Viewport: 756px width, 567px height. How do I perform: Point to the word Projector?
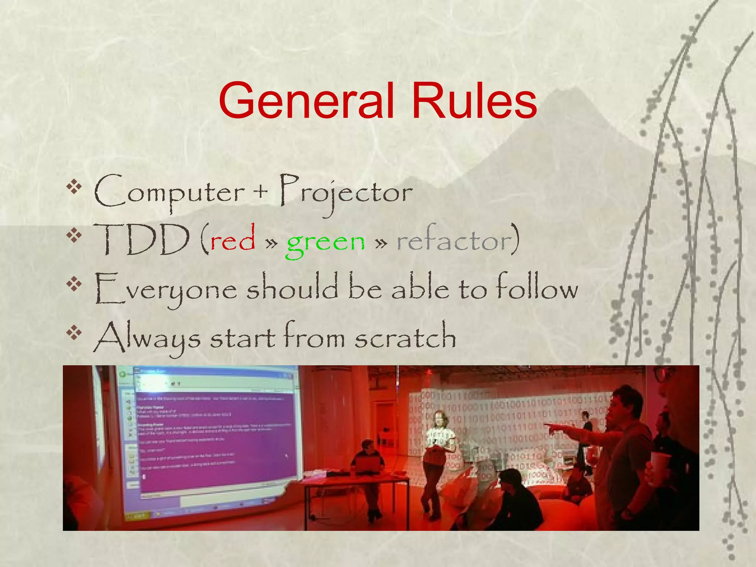[x=345, y=192]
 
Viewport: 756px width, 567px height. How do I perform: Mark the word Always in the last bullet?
[x=148, y=338]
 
